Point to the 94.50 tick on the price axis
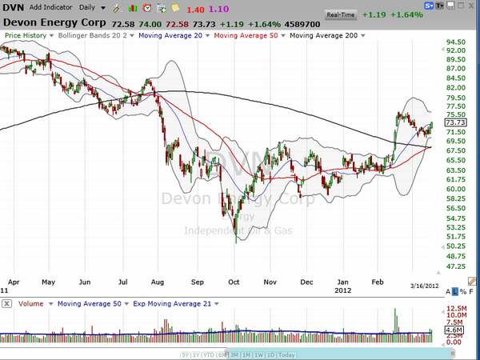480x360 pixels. click(x=455, y=42)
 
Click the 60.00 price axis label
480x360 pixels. click(x=455, y=189)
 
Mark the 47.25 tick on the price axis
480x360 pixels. click(x=455, y=266)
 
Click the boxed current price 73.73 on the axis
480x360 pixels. click(x=454, y=122)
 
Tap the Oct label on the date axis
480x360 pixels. click(x=234, y=282)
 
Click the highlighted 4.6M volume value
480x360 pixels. click(x=453, y=330)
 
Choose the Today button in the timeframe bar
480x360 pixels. click(x=286, y=354)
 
